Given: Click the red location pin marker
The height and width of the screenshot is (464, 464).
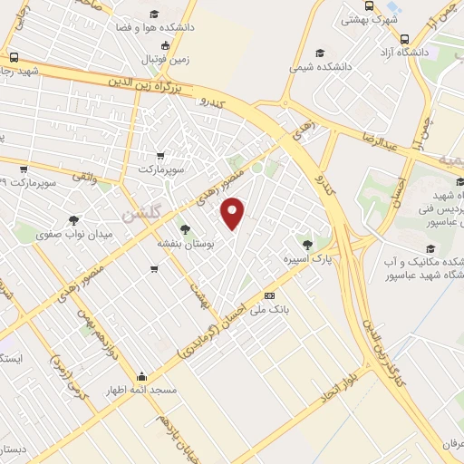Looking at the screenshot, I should click(233, 214).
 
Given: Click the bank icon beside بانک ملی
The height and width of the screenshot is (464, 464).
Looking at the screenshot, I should click(269, 295).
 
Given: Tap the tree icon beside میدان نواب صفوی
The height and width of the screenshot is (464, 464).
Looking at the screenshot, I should click(73, 219).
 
